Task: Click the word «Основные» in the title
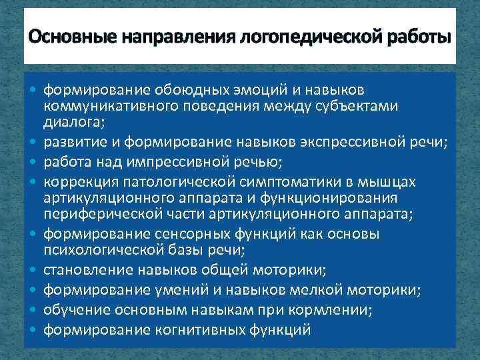coord(63,35)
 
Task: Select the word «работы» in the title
coord(418,35)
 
